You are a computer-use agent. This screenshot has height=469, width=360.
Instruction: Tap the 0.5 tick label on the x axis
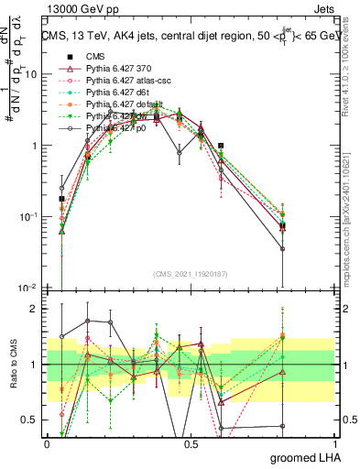[x=191, y=443]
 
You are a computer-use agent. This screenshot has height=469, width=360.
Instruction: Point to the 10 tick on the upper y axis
[x=31, y=74]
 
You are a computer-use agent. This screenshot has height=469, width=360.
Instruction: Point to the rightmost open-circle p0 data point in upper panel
[x=308, y=248]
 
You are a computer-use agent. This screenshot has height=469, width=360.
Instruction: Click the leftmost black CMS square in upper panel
[x=61, y=199]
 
